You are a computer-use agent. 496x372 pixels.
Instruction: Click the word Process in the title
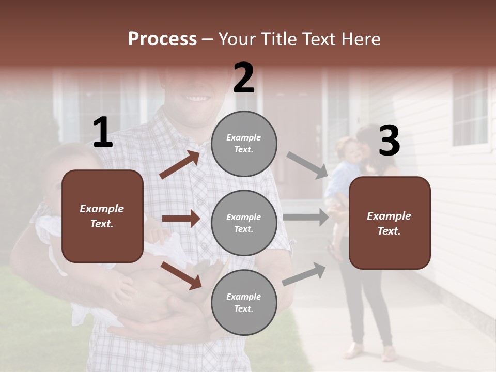click(x=162, y=39)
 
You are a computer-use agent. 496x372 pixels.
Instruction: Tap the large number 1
click(x=103, y=133)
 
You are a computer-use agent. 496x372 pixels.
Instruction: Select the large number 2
click(x=244, y=78)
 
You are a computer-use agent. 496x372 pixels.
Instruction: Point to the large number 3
click(x=389, y=141)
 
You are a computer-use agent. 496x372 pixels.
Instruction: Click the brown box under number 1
click(x=102, y=216)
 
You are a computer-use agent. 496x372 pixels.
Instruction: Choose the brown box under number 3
click(x=390, y=223)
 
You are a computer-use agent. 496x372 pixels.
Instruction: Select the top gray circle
click(x=244, y=144)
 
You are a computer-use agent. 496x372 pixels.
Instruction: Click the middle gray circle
click(x=244, y=223)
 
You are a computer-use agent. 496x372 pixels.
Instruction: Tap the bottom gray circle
click(x=244, y=303)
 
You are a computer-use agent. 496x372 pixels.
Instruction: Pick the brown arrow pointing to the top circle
click(x=180, y=165)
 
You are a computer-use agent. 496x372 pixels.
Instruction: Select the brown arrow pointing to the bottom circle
click(x=181, y=275)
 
